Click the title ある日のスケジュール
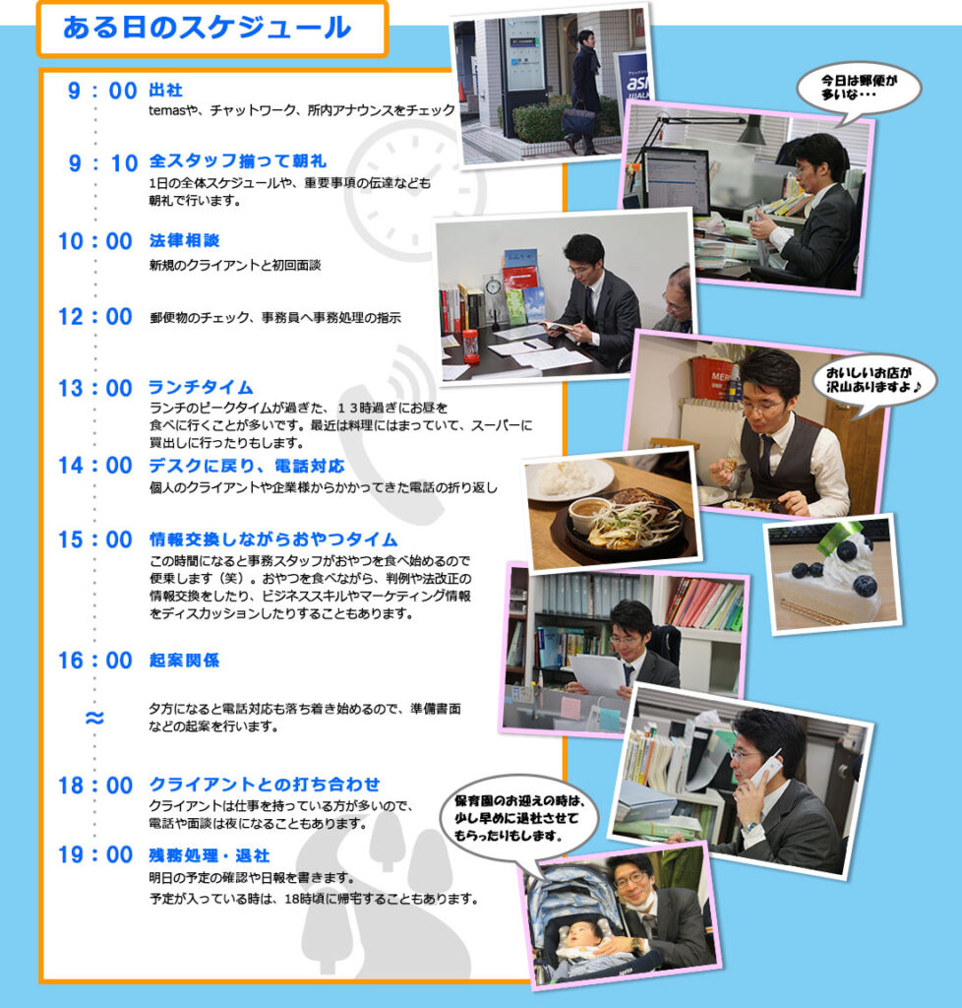(x=207, y=28)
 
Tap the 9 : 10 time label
(x=103, y=163)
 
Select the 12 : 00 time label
(x=95, y=317)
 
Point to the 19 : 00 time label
(x=95, y=855)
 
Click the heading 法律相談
(x=184, y=240)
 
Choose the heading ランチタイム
(x=201, y=387)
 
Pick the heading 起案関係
(x=184, y=661)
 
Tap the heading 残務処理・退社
(x=210, y=855)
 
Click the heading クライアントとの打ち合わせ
(x=265, y=785)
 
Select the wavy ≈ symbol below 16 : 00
(x=94, y=718)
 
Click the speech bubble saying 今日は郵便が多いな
(x=859, y=90)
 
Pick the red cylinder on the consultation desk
(x=471, y=346)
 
